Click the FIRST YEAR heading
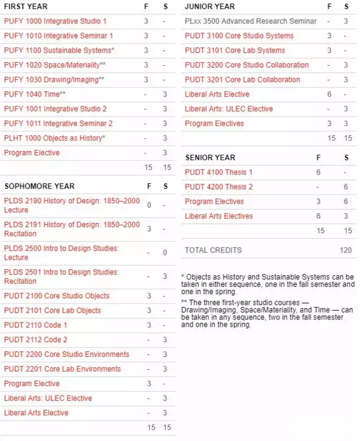pyautogui.click(x=26, y=7)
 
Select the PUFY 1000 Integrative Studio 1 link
pyautogui.click(x=55, y=21)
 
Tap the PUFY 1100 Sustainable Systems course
pyautogui.click(x=59, y=50)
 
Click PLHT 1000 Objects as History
pyautogui.click(x=55, y=138)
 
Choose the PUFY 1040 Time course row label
pyautogui.click(x=34, y=94)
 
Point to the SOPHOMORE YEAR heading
pyautogui.click(x=39, y=186)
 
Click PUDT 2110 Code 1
pyautogui.click(x=36, y=325)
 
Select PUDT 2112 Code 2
pyautogui.click(x=36, y=340)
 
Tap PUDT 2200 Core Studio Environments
pyautogui.click(x=66, y=354)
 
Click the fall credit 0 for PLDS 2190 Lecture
pyautogui.click(x=149, y=205)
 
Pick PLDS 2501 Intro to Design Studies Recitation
pyautogui.click(x=61, y=276)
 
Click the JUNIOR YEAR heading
pyautogui.click(x=209, y=7)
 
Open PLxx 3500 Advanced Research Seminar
pyautogui.click(x=251, y=21)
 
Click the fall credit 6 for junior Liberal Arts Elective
pyautogui.click(x=329, y=95)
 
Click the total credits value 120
pyautogui.click(x=345, y=251)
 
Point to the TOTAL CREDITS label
pyautogui.click(x=213, y=251)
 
